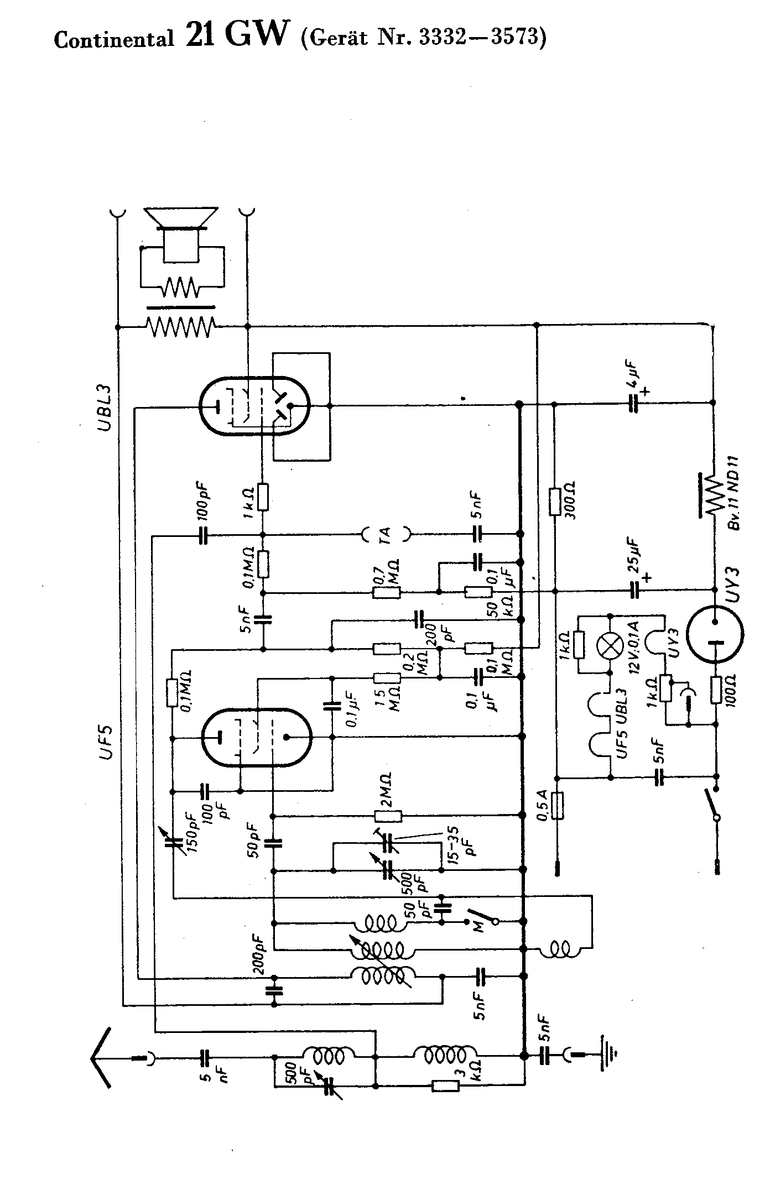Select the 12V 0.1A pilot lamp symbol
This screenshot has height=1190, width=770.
coord(609,644)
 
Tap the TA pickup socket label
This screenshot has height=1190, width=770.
coord(386,534)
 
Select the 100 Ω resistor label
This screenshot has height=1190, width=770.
coord(737,690)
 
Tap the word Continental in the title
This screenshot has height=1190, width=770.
coord(114,39)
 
